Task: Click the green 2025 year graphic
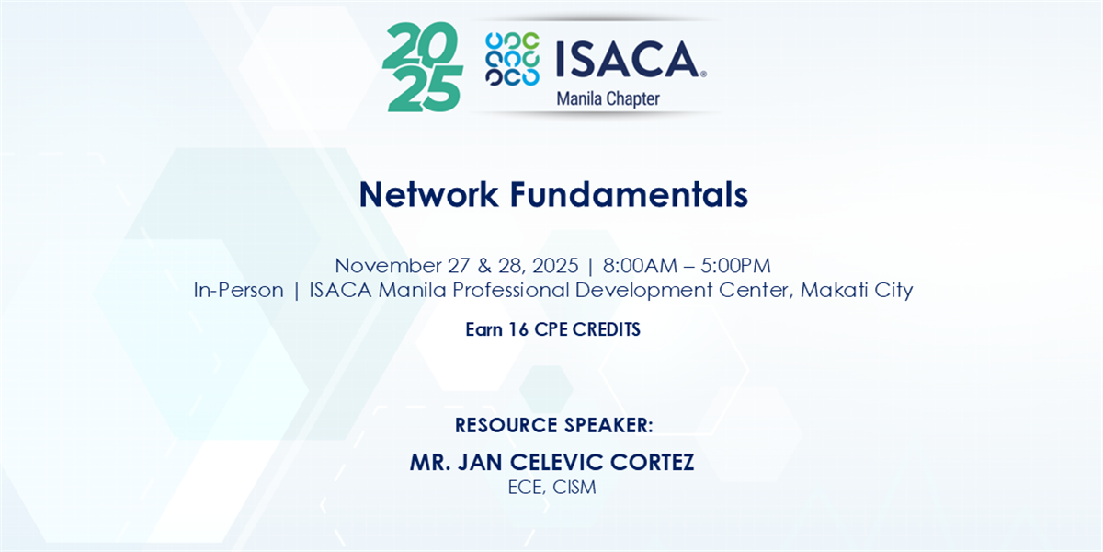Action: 423,66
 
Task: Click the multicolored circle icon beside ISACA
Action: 512,59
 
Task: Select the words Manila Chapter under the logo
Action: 608,99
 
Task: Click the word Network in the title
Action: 428,194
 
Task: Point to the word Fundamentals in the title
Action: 629,194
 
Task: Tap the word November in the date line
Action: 388,266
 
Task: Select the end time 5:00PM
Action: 735,266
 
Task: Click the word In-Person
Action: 238,290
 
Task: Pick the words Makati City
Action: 857,290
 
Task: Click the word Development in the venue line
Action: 643,291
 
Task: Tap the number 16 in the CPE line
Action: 518,329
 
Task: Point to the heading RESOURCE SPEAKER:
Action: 554,425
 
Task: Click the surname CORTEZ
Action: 652,462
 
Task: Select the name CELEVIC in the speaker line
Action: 556,462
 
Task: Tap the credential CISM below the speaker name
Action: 574,487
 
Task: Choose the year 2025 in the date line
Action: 555,266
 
